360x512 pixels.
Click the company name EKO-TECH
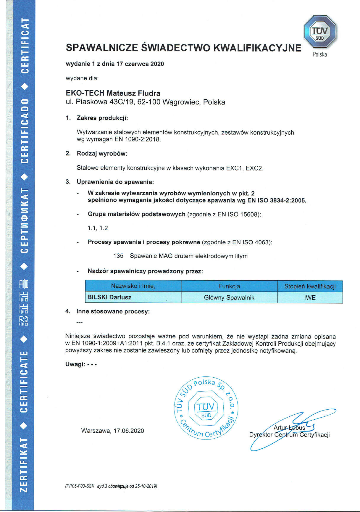coord(85,93)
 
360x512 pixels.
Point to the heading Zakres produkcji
coord(102,118)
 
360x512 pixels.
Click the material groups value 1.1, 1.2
coord(98,228)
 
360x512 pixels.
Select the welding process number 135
coord(118,256)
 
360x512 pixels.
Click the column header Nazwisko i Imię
coord(133,286)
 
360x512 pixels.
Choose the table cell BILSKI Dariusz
coord(109,297)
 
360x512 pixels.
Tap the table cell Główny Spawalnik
coord(229,297)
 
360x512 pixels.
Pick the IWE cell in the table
coord(310,297)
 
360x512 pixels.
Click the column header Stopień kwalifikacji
coord(310,286)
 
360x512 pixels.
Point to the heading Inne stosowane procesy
coord(113,311)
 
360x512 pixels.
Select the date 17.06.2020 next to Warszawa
coord(129,431)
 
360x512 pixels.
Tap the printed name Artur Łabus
coord(289,427)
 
